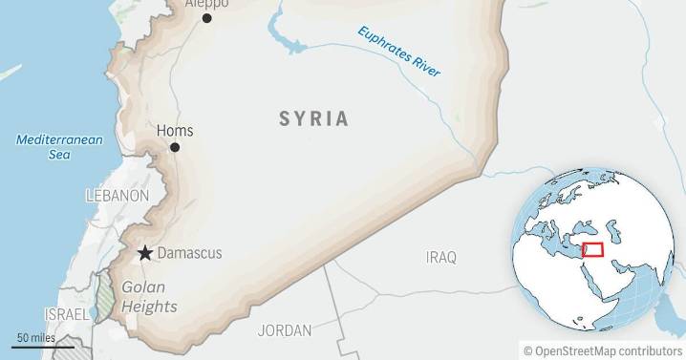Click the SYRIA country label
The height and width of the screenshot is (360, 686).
313,119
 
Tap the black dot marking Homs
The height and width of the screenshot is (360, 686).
175,147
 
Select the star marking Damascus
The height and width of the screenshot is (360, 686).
144,253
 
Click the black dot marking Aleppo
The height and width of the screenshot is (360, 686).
206,17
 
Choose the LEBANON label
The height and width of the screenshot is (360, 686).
118,196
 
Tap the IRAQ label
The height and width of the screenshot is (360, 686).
441,258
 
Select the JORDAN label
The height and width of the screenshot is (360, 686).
285,331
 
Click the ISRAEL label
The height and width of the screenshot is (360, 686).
66,314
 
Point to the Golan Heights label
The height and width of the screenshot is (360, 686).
148,297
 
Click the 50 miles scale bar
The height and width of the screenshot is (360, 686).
43,346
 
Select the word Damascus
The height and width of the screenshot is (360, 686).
189,253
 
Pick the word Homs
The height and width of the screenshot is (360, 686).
174,131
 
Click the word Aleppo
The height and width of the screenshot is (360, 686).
206,4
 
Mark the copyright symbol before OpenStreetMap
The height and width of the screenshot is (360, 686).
526,350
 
